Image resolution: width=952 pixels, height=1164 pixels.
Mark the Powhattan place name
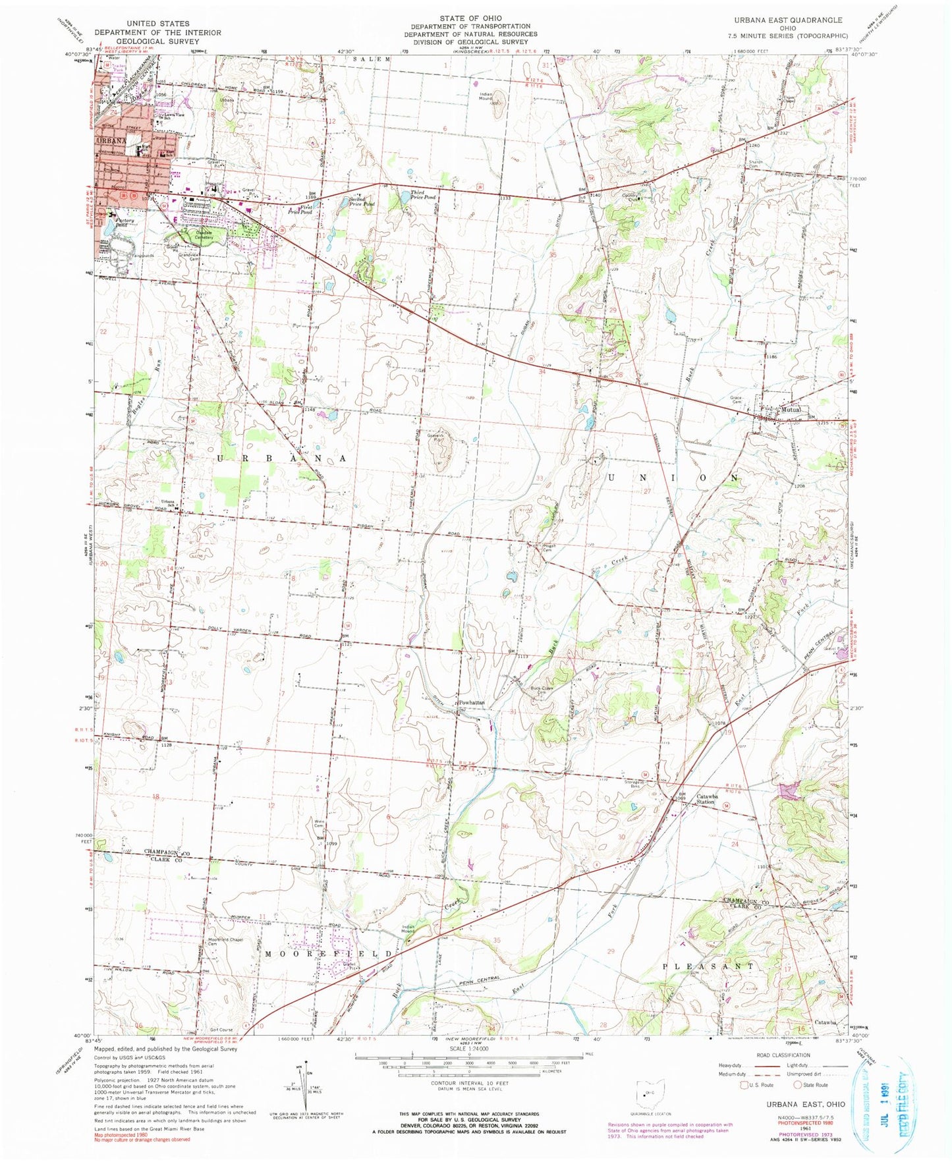click(x=472, y=702)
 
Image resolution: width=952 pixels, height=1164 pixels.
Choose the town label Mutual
click(x=791, y=409)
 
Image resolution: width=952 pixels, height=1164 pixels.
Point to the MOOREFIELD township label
click(x=331, y=953)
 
